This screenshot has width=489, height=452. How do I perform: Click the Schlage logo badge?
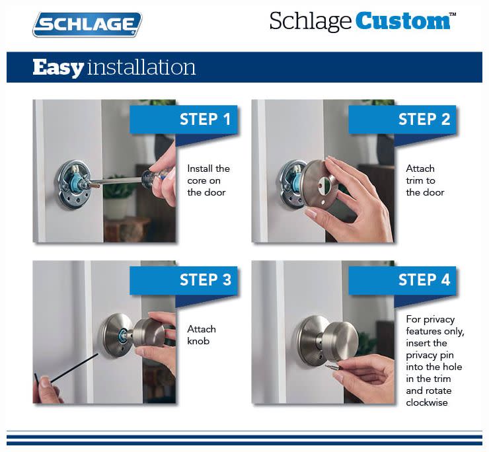pyautogui.click(x=87, y=24)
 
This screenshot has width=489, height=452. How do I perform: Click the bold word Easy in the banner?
pyautogui.click(x=58, y=67)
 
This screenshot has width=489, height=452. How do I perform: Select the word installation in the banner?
pyautogui.click(x=141, y=67)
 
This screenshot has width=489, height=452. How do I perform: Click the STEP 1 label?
pyautogui.click(x=206, y=119)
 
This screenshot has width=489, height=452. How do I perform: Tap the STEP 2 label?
pyautogui.click(x=424, y=119)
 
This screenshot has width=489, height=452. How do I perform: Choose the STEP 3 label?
pyautogui.click(x=206, y=280)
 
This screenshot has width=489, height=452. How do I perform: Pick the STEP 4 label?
pyautogui.click(x=424, y=280)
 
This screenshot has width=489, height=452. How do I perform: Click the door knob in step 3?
pyautogui.click(x=149, y=332)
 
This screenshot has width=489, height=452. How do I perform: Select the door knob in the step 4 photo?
pyautogui.click(x=340, y=340)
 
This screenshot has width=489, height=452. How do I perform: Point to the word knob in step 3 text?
pyautogui.click(x=198, y=340)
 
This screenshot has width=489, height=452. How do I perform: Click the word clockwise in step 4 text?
pyautogui.click(x=427, y=402)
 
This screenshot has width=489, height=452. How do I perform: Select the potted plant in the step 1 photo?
pyautogui.click(x=117, y=200)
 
